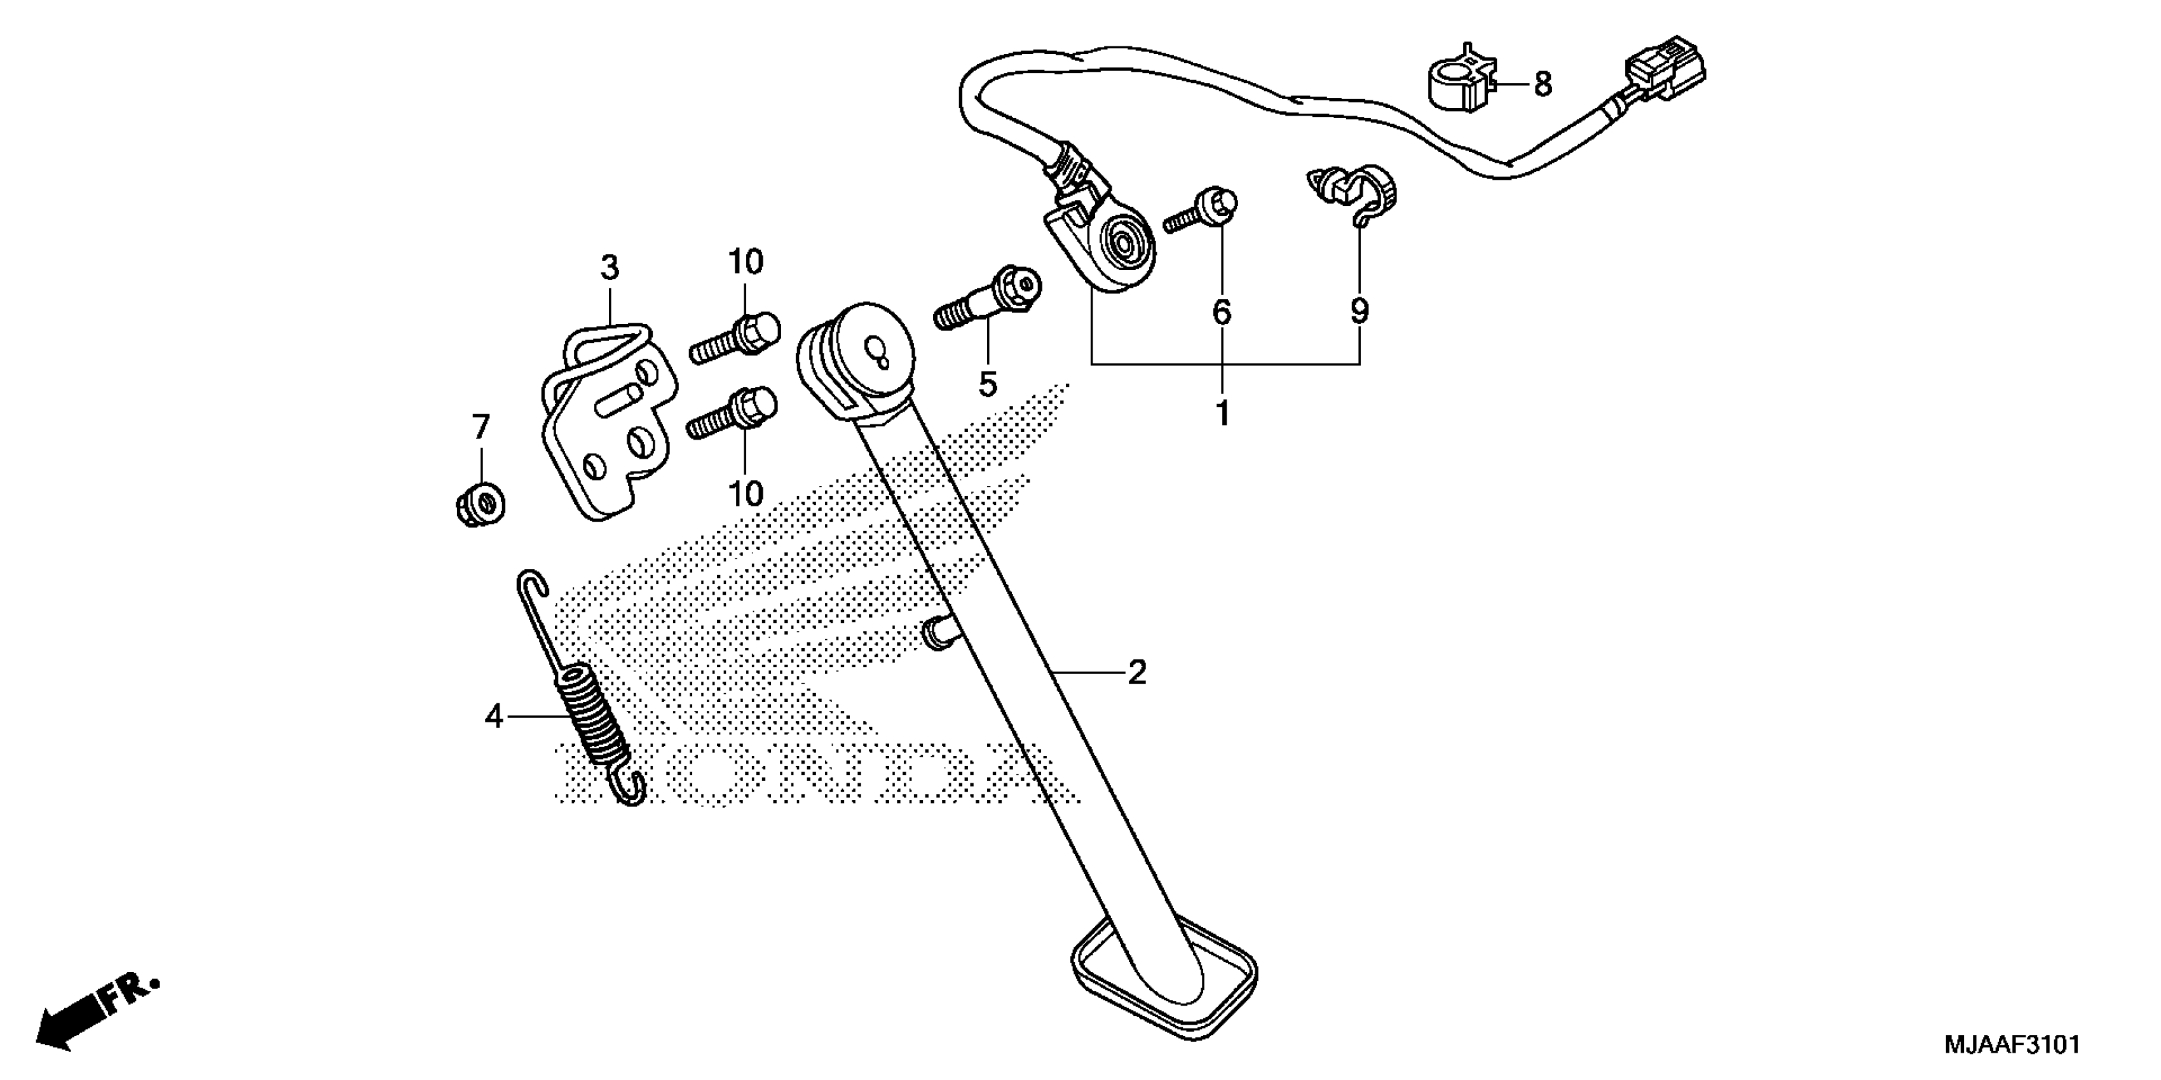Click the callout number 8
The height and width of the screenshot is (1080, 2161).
pos(1543,84)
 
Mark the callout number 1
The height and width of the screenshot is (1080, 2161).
pos(1222,414)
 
